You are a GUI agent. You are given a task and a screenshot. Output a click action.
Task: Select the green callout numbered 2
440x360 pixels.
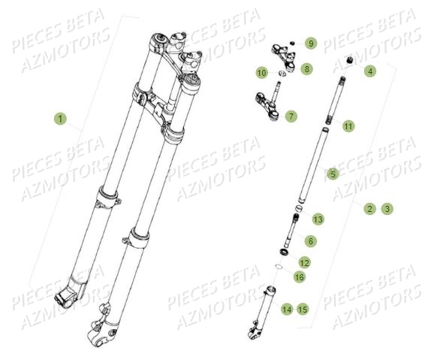[x=369, y=208]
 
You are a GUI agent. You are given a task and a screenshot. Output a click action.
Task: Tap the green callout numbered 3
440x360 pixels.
[x=386, y=208]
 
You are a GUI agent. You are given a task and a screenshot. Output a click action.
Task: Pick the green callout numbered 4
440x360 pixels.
[x=369, y=71]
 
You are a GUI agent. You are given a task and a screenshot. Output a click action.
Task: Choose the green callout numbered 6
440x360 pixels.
[x=311, y=241]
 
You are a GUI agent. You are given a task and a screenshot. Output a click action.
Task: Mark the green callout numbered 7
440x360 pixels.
[x=291, y=116]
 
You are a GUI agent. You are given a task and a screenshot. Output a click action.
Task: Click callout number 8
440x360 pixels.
[x=306, y=69]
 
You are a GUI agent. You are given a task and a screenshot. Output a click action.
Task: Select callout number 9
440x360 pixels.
[x=311, y=44]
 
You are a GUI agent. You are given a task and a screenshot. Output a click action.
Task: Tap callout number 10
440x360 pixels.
[x=261, y=73]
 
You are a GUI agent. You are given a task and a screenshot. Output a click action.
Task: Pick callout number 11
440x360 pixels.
[x=348, y=126]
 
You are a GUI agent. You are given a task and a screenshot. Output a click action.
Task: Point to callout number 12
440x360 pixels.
[x=304, y=262]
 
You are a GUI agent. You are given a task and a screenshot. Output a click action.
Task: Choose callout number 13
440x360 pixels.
[x=318, y=219]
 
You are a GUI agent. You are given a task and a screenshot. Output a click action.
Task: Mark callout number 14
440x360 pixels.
[x=286, y=309]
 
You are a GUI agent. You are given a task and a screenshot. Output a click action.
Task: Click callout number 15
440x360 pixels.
[x=303, y=309]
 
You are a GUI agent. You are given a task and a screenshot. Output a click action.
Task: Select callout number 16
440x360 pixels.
[x=300, y=277]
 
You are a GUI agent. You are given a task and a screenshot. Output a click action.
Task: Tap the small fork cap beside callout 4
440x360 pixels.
[x=348, y=59]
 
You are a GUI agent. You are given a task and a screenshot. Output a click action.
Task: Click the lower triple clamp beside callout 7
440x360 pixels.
[x=266, y=100]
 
